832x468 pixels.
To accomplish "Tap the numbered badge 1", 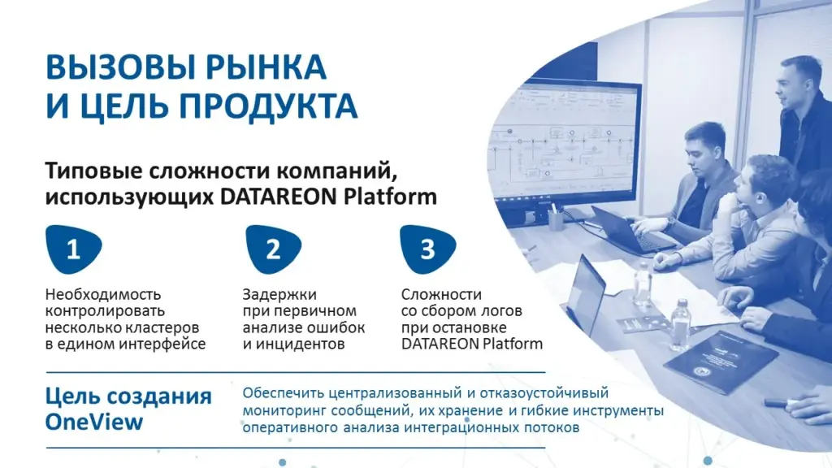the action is click(x=73, y=249).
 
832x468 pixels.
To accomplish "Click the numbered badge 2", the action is click(x=273, y=249).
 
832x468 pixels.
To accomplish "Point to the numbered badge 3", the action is click(x=427, y=249).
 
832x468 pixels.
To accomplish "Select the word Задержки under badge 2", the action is click(x=279, y=295).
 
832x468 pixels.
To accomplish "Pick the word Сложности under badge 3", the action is click(x=441, y=294).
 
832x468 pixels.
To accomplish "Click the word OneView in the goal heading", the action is click(x=94, y=422).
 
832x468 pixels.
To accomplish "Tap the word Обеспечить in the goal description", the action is click(x=283, y=394).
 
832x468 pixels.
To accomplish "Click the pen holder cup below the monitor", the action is click(x=556, y=219).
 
